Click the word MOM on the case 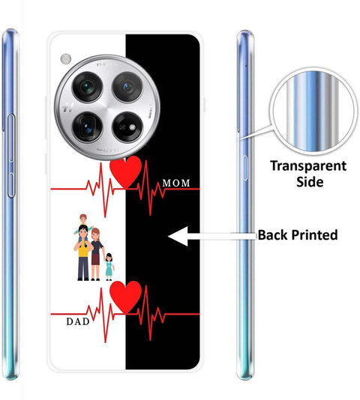coord(176,183)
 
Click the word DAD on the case coord(78,321)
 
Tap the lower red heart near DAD coord(125,297)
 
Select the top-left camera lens coord(88,87)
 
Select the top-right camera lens coord(127,87)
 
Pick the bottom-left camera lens coord(88,127)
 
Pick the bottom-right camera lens coord(127,127)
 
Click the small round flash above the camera coord(66,59)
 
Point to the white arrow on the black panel coord(212,236)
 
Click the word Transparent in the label coord(308,166)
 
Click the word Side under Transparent coord(310,182)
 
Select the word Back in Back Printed coord(273,234)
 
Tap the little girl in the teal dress coord(109,267)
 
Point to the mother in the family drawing coord(96,255)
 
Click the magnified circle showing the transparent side coord(313,111)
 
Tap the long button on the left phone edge coord(11,156)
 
